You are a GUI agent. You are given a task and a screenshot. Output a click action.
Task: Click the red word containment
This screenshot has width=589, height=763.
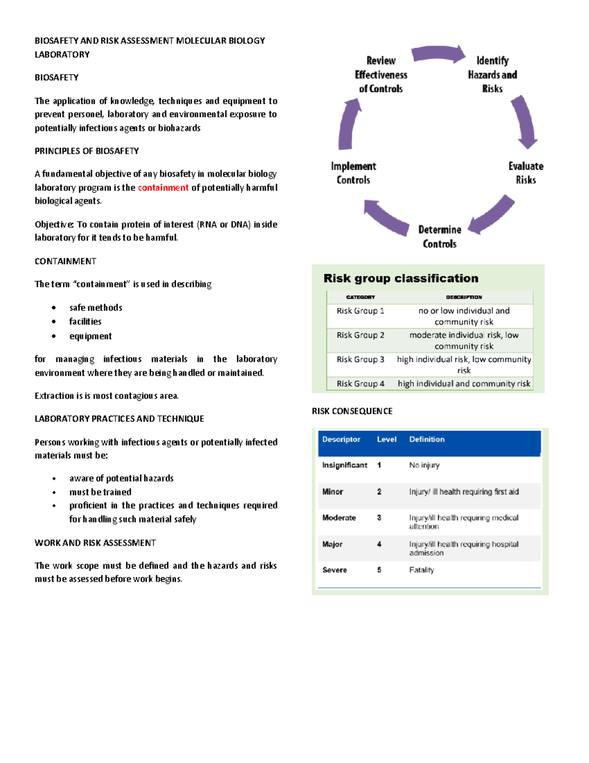click(x=163, y=188)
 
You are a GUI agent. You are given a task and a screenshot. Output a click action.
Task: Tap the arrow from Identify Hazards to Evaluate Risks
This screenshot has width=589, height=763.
click(x=524, y=122)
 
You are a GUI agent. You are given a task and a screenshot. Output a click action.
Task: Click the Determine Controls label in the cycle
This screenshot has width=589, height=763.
click(x=439, y=237)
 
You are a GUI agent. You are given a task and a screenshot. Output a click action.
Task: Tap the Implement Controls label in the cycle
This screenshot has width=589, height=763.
click(x=353, y=173)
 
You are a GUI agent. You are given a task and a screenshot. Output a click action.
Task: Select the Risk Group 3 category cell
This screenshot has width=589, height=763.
click(x=360, y=360)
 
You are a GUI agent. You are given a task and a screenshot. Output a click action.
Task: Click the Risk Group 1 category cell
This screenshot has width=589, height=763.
click(x=360, y=311)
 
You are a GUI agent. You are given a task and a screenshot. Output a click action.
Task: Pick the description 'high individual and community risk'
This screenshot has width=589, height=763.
click(x=464, y=384)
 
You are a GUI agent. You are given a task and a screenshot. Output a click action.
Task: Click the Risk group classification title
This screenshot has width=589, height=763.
click(x=401, y=279)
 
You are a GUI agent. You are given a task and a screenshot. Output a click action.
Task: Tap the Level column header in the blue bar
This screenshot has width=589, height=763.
click(x=386, y=439)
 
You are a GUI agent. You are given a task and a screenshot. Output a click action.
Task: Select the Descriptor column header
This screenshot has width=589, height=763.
click(x=341, y=439)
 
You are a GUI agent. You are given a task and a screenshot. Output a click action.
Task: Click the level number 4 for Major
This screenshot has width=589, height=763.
click(x=379, y=544)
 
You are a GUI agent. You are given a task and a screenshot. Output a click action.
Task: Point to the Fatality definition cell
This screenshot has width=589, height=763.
click(x=422, y=570)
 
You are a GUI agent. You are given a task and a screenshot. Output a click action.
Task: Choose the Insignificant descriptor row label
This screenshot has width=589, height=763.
click(x=345, y=465)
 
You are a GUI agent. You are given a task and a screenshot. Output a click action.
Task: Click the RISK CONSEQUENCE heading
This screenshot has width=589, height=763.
click(x=352, y=411)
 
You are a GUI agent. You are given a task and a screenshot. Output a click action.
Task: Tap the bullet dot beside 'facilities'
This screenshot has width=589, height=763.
click(x=54, y=322)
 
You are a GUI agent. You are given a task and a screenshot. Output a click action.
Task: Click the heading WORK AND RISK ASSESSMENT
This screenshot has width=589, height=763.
click(x=95, y=543)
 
